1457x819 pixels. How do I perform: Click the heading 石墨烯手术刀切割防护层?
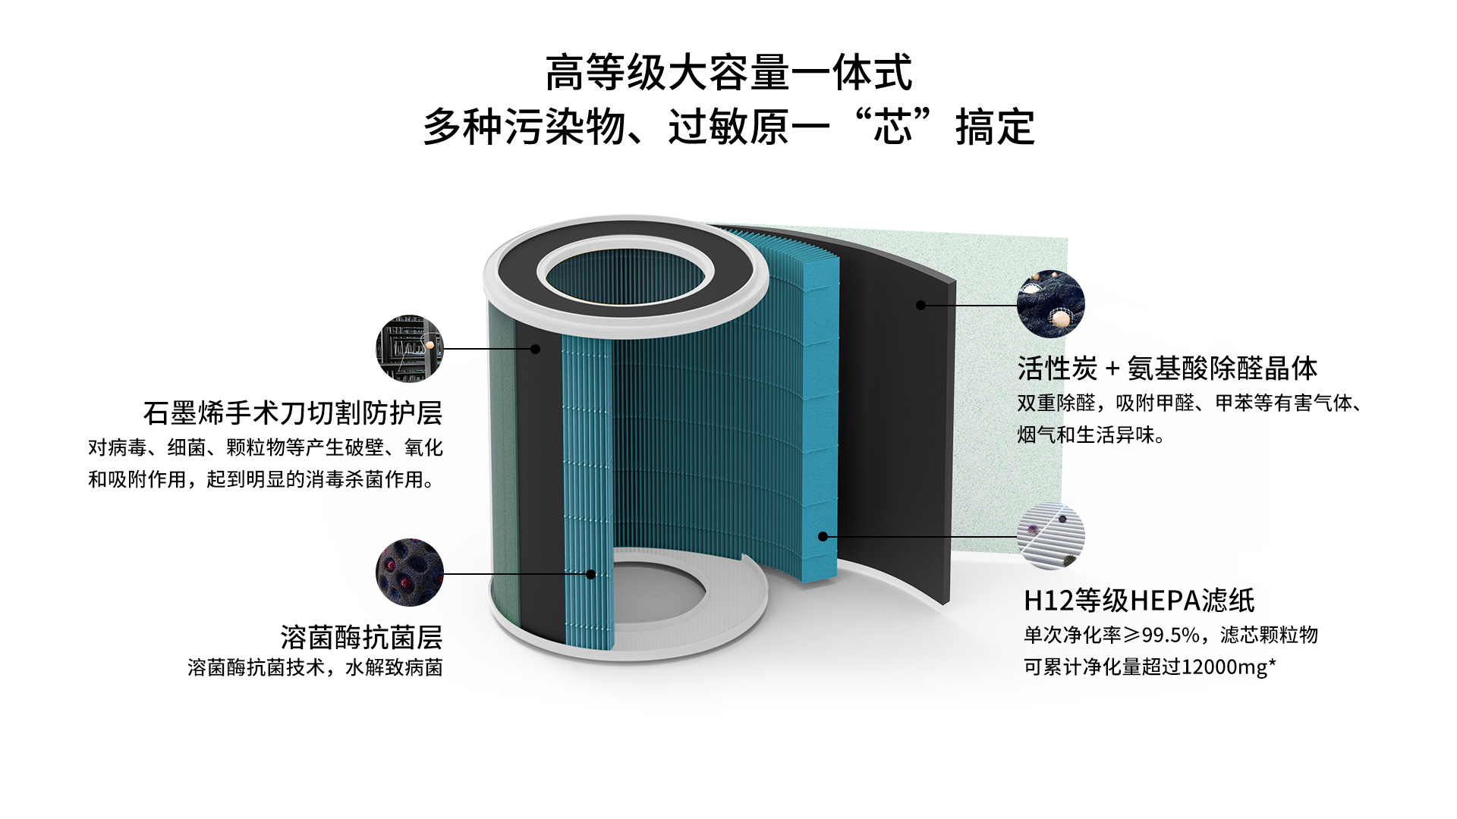[293, 413]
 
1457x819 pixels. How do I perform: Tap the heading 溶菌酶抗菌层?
[361, 637]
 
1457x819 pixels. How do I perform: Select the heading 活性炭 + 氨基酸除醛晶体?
[1167, 369]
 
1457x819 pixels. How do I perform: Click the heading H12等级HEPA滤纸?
[1139, 601]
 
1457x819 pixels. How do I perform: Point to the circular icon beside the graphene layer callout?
[410, 349]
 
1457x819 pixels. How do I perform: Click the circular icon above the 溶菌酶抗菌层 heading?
[410, 573]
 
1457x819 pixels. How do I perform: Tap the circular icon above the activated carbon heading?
[1051, 303]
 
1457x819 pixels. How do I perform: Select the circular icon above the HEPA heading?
[1051, 536]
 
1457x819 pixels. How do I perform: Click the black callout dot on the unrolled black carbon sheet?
[920, 305]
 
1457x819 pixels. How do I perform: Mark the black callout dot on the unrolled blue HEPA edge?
[823, 536]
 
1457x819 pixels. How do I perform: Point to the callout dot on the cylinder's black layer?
[535, 349]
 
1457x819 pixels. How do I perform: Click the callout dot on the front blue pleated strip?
[590, 574]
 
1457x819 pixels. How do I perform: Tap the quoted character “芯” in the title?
[892, 127]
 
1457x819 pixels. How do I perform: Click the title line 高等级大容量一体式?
[728, 73]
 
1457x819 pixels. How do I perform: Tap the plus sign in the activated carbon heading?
[1112, 369]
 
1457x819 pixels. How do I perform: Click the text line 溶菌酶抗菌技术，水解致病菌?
[315, 667]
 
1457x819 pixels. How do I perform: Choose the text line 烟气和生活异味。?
[1091, 435]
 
